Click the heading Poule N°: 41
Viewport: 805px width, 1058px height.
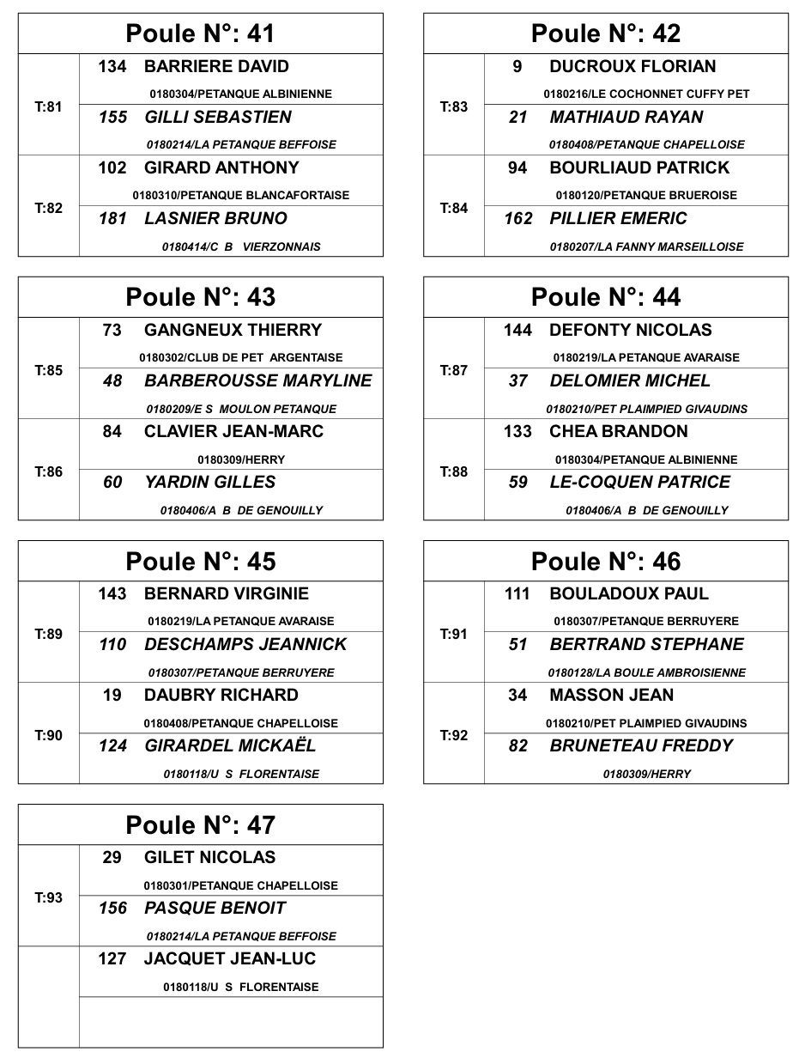200,33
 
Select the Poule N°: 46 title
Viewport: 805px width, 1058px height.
605,562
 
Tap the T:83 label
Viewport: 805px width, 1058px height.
453,107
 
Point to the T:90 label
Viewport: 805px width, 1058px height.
48,736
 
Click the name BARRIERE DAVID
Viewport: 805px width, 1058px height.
216,67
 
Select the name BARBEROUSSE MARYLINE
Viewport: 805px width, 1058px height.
257,381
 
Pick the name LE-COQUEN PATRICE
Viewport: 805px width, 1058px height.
639,483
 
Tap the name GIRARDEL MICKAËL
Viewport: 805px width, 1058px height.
230,746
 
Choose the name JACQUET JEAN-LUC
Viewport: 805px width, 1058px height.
230,959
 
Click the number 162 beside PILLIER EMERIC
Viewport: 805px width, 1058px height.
517,219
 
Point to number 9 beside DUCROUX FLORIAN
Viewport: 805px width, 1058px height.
517,67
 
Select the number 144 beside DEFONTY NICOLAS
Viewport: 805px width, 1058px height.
517,331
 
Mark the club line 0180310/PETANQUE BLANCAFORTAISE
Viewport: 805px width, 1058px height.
241,196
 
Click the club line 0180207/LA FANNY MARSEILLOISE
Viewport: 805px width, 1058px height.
646,247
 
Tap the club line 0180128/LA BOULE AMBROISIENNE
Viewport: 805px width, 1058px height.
646,673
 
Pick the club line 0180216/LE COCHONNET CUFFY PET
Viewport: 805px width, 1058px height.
646,94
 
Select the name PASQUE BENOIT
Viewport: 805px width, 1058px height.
215,909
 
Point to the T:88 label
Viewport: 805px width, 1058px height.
453,472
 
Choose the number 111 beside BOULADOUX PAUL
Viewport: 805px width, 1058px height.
517,594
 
